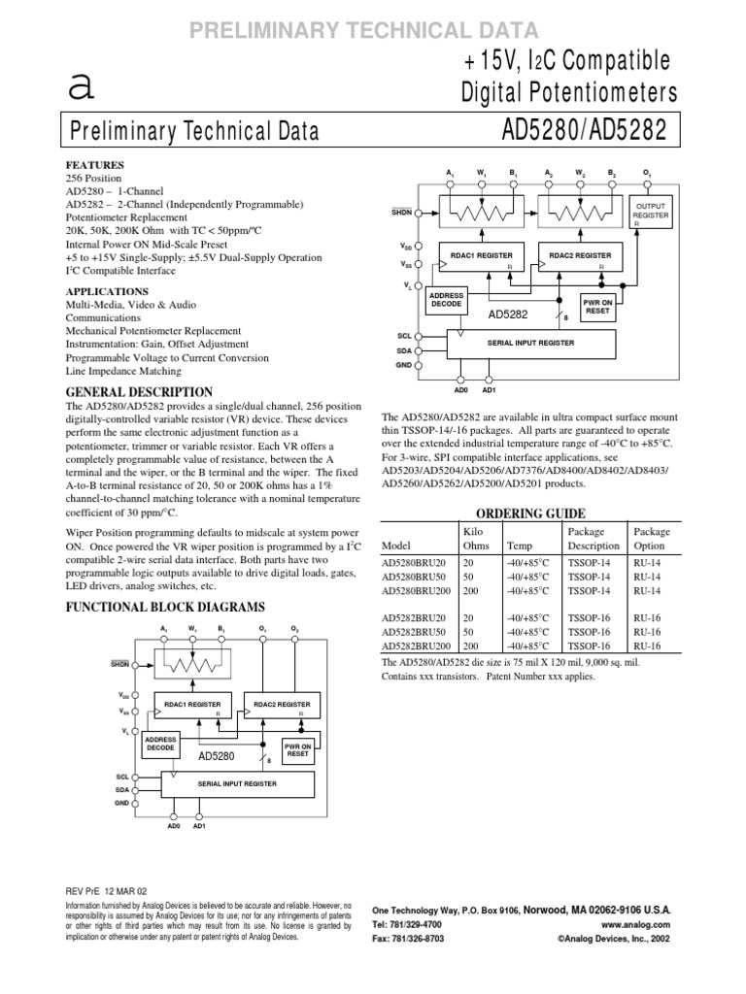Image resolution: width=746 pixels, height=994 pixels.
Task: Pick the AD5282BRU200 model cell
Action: pyautogui.click(x=416, y=645)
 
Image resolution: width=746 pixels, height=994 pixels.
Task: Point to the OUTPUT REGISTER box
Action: pyautogui.click(x=651, y=213)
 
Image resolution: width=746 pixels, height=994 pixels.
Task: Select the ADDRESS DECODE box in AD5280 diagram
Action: pyautogui.click(x=160, y=745)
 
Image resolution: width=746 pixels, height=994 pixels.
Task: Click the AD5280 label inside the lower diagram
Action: pyautogui.click(x=217, y=756)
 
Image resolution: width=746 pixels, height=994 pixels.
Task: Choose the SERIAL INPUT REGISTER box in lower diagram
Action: pyautogui.click(x=237, y=782)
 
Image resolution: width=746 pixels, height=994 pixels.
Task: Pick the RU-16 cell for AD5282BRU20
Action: pyautogui.click(x=648, y=617)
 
